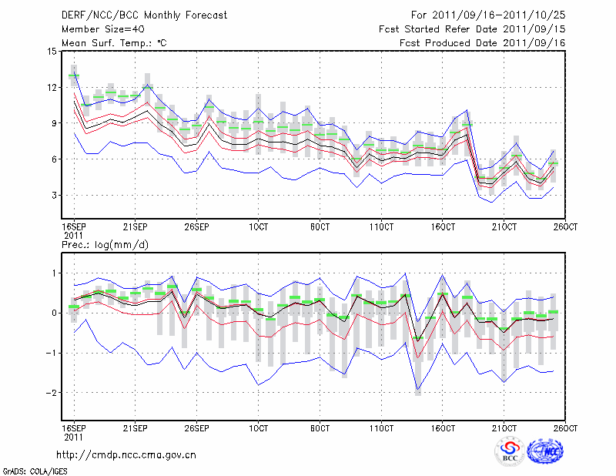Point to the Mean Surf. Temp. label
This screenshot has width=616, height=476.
click(114, 43)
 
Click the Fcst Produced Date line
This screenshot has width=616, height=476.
click(483, 43)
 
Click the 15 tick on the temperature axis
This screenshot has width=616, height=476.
click(52, 52)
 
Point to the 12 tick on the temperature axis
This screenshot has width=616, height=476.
click(52, 88)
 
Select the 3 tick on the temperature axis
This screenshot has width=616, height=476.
click(54, 196)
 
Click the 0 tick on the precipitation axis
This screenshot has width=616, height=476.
click(54, 313)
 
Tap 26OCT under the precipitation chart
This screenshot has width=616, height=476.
click(565, 427)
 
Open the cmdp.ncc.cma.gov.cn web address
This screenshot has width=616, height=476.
click(126, 455)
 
